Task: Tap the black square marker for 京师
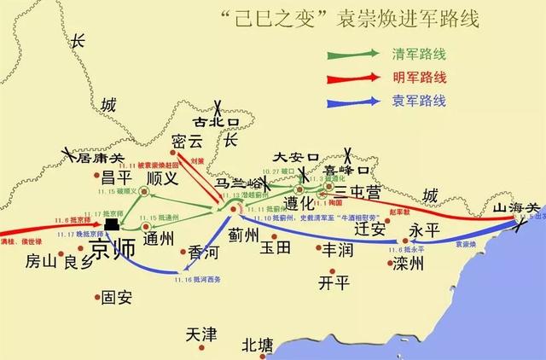(112, 224)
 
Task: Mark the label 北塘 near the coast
(257, 345)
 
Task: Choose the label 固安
(116, 299)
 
